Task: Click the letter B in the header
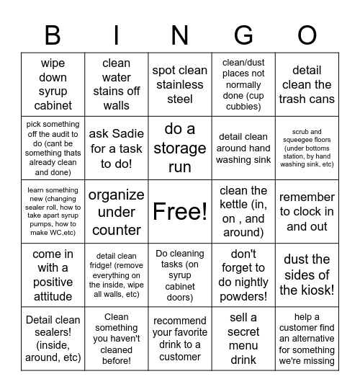[x=53, y=34]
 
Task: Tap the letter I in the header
[x=117, y=34]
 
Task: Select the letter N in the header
[x=180, y=34]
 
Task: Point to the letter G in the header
[x=243, y=34]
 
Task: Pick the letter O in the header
[x=307, y=34]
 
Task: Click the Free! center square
[x=180, y=211]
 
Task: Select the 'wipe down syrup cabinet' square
[x=53, y=84]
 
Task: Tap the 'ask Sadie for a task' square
[x=117, y=148]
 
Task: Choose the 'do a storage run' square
[x=180, y=148]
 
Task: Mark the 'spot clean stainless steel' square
[x=180, y=84]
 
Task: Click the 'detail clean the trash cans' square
[x=307, y=84]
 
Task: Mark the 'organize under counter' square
[x=117, y=211]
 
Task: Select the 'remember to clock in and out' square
[x=307, y=211]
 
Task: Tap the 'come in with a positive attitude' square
[x=53, y=275]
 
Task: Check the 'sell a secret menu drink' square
[x=243, y=338]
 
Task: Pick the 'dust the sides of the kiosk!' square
[x=307, y=275]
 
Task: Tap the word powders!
[x=243, y=295]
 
